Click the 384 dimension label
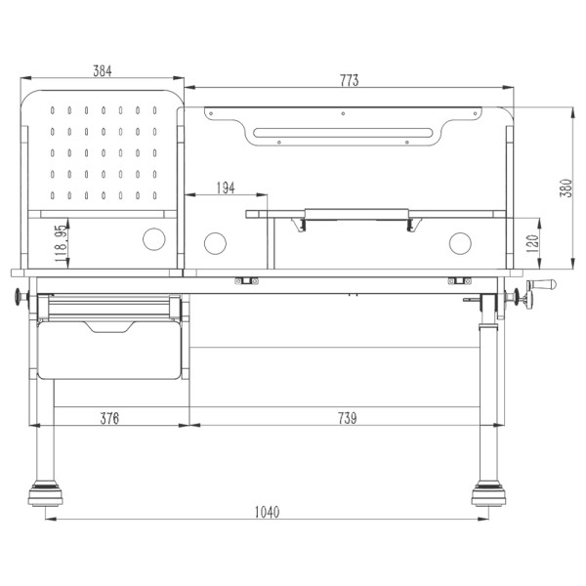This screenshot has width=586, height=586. click(103, 70)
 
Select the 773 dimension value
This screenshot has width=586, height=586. click(349, 80)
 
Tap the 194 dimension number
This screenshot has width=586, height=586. click(227, 188)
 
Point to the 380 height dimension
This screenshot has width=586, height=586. click(566, 188)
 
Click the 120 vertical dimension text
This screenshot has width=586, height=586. click(532, 243)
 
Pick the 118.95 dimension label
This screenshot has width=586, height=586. click(61, 243)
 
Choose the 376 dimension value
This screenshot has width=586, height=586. click(109, 418)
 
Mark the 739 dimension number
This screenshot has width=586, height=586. click(348, 418)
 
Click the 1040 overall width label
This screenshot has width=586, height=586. click(268, 512)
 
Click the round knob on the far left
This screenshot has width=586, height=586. click(18, 297)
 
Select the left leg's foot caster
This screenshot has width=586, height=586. click(45, 493)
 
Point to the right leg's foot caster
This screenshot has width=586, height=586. click(488, 493)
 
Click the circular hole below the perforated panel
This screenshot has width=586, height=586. click(154, 239)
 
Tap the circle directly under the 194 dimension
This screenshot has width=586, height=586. click(215, 243)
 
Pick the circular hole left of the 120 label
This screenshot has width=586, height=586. click(460, 243)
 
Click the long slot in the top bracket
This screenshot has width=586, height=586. click(343, 133)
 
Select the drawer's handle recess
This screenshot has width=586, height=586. click(109, 326)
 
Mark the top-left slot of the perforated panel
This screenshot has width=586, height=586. click(53, 110)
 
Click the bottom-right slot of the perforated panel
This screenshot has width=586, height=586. click(154, 195)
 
